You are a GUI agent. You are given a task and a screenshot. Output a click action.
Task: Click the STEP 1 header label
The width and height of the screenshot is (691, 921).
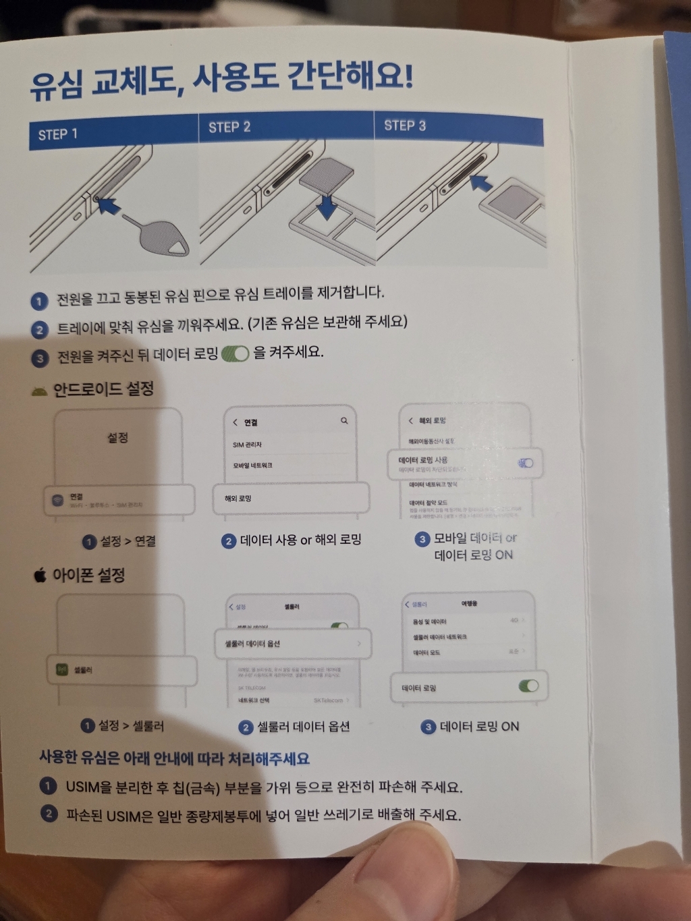57,134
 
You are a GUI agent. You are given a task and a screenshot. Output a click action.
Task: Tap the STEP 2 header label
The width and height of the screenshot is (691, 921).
229,128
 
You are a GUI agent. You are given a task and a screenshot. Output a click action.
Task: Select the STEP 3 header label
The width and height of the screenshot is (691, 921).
405,125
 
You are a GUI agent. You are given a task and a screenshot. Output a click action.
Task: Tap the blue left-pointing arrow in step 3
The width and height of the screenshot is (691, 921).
480,183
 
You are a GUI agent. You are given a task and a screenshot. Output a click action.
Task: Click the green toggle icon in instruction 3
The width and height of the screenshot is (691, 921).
236,354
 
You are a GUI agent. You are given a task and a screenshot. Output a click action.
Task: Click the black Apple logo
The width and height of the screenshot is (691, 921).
40,576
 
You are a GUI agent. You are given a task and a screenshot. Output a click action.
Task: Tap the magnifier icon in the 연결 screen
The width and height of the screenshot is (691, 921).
344,421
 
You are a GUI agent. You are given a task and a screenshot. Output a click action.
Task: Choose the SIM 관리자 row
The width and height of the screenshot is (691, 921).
248,445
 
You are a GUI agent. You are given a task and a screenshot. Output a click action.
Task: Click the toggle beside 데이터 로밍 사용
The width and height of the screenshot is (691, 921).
525,463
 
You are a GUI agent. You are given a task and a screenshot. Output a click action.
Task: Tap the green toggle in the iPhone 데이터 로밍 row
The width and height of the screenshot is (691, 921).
528,686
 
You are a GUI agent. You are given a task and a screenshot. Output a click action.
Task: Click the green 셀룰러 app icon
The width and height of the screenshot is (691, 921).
62,670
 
